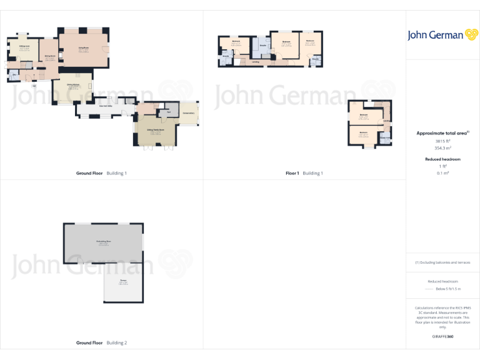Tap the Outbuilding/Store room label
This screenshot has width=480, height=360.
click(103, 241)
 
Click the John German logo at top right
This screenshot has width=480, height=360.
click(442, 35)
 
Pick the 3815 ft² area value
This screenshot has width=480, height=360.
click(442, 141)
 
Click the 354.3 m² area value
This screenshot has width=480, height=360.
click(442, 148)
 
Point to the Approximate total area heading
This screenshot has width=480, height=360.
click(442, 133)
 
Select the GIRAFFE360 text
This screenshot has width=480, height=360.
click(442, 337)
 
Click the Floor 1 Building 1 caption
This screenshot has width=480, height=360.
click(304, 173)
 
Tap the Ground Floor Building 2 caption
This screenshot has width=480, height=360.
click(101, 343)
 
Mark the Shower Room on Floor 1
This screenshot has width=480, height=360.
click(386, 139)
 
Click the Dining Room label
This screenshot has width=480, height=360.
click(50, 57)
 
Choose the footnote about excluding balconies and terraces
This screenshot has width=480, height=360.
click(442, 262)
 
